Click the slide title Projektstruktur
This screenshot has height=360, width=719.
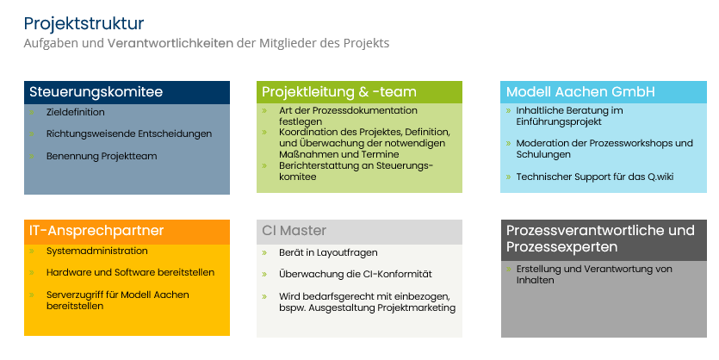click(84, 24)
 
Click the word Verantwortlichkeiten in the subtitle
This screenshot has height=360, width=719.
click(170, 43)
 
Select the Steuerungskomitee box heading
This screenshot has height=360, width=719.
click(96, 91)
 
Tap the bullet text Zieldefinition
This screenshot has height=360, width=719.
click(75, 112)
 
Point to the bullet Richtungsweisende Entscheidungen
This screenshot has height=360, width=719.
click(129, 133)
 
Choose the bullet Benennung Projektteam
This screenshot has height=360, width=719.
click(102, 156)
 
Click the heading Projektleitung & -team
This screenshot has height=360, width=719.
click(339, 91)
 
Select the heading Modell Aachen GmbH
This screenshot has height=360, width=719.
click(580, 91)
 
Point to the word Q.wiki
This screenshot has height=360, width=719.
click(660, 177)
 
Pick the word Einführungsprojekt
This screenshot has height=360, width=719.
click(559, 121)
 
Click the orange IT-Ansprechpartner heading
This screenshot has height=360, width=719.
click(96, 230)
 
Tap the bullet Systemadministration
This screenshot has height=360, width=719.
click(96, 251)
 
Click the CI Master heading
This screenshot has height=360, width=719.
click(294, 230)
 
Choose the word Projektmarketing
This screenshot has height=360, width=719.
click(417, 307)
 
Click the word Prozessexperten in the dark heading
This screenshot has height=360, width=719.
click(561, 246)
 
